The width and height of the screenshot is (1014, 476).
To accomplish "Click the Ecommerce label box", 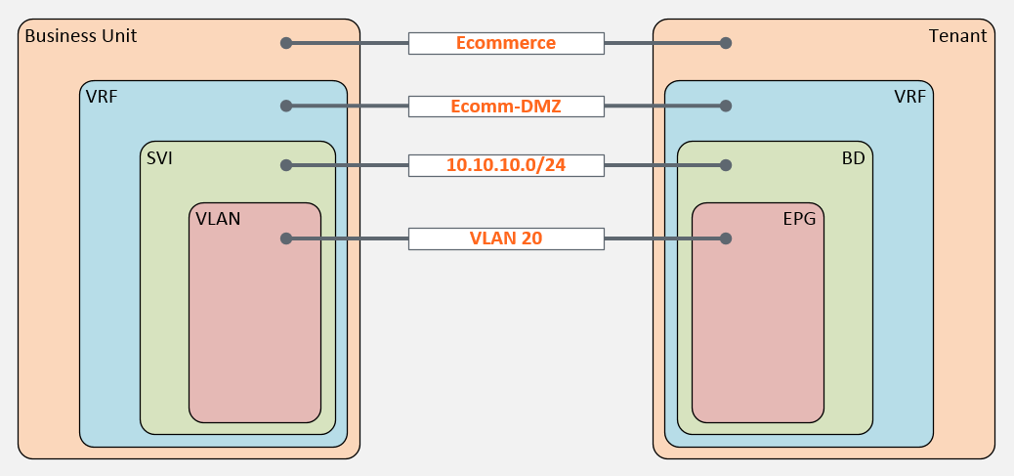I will (x=506, y=43).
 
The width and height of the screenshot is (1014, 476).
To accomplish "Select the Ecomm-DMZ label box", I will (x=506, y=106).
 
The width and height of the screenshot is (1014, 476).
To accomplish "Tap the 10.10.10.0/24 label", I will (x=506, y=165).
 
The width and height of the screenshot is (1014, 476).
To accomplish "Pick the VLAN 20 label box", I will (x=506, y=238).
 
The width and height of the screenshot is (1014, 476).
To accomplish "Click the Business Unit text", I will (x=80, y=36).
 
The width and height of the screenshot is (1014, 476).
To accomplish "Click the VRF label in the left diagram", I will (x=102, y=97).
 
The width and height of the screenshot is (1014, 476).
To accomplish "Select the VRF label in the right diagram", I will (x=909, y=97).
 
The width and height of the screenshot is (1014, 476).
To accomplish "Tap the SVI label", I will (x=159, y=157).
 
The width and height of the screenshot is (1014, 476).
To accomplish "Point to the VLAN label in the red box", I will (x=217, y=219).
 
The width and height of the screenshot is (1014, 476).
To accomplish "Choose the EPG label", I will (x=798, y=219).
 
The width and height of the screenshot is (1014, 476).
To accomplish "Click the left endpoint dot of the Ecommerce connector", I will (x=286, y=43).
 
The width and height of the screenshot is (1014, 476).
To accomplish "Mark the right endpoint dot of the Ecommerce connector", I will (x=726, y=43).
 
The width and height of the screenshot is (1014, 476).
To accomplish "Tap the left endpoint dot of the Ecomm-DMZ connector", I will (x=286, y=106).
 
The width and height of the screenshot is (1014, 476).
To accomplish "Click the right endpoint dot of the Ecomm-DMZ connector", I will (x=726, y=106).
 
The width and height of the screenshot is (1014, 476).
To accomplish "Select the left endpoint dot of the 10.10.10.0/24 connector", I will (x=286, y=165).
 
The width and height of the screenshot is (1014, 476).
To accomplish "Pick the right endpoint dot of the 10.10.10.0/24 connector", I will (x=726, y=165).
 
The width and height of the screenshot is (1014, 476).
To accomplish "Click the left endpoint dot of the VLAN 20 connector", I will (x=286, y=238).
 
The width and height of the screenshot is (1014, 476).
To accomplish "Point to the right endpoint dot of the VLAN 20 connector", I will (x=726, y=238).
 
